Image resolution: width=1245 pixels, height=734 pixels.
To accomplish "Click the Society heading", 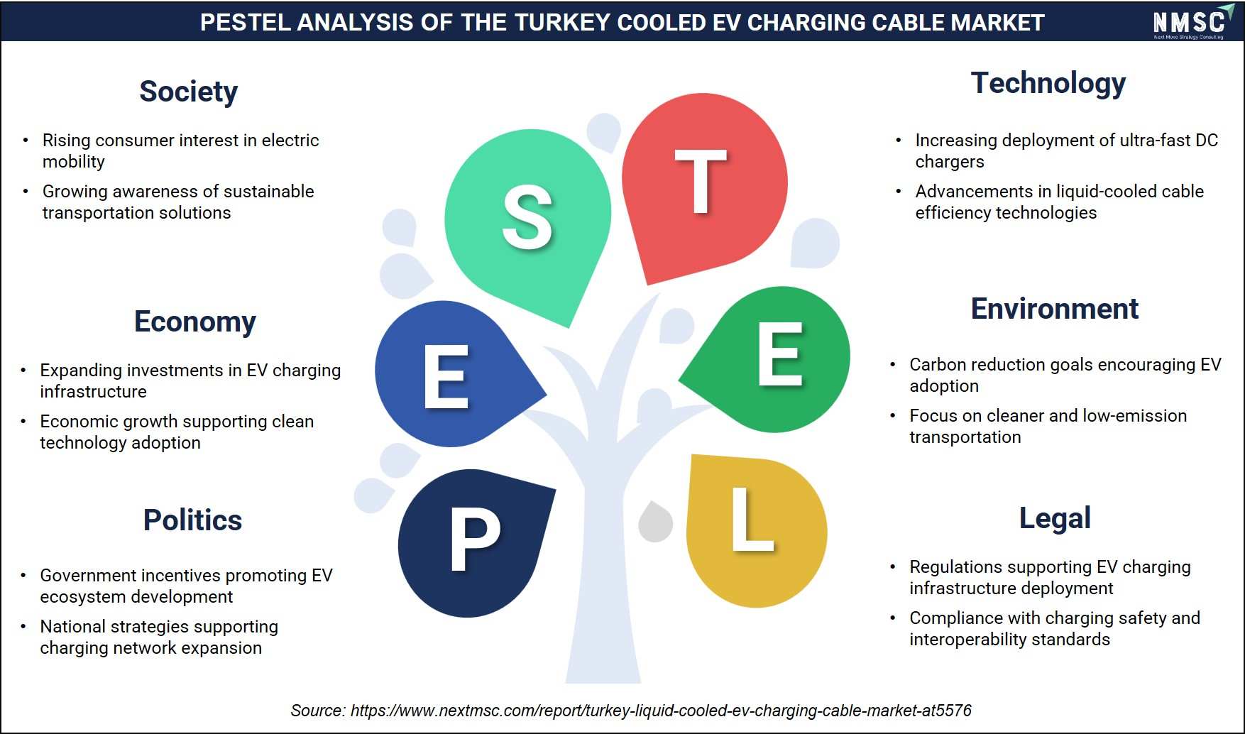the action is (x=188, y=92).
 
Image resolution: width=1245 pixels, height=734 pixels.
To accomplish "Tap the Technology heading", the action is (x=1048, y=84).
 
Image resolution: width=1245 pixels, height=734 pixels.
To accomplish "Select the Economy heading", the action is (x=195, y=322).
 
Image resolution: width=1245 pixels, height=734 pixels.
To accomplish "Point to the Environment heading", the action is (x=1055, y=309).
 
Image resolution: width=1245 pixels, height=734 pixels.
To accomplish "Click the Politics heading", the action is (x=192, y=520).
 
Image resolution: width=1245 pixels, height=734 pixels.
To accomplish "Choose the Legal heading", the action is (x=1055, y=519).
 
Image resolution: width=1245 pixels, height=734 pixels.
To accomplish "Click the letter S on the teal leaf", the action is (x=527, y=217).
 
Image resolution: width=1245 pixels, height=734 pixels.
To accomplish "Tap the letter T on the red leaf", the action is (x=701, y=182).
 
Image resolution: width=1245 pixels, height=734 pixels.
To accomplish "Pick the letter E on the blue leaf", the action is (x=446, y=377).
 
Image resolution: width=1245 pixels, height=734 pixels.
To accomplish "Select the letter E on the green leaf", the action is (x=780, y=354).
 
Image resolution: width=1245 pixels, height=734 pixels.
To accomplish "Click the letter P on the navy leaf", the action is (x=474, y=541).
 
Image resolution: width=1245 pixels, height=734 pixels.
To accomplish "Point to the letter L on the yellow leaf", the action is (x=752, y=520).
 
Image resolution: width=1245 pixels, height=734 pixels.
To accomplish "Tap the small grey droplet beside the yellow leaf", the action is (x=656, y=522).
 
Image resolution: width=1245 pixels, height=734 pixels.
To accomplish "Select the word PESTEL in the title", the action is (x=244, y=23).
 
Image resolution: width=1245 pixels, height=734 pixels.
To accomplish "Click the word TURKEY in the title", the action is (x=558, y=23).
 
